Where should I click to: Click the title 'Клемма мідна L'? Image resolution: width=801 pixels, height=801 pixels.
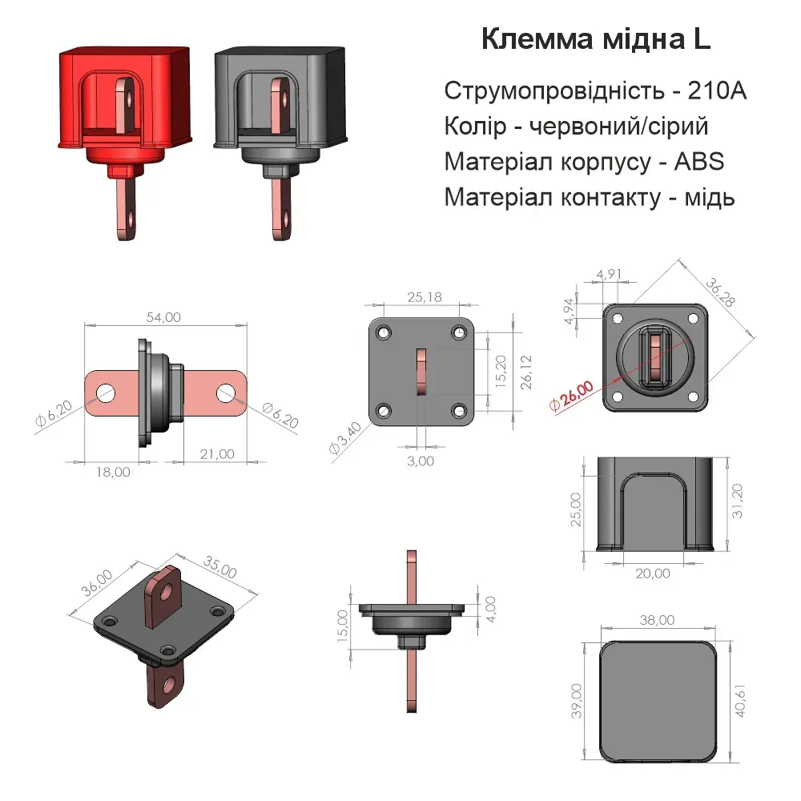(x=596, y=39)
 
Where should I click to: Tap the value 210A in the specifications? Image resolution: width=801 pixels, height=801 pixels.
(x=717, y=91)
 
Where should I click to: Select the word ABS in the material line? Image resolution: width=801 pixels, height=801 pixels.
(x=698, y=162)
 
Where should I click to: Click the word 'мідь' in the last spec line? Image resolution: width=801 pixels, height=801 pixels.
(x=709, y=197)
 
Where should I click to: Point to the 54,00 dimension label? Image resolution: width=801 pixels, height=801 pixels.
(x=163, y=317)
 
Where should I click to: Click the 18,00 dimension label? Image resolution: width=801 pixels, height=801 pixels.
(x=113, y=472)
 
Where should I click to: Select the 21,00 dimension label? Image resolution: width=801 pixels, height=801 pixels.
(x=217, y=454)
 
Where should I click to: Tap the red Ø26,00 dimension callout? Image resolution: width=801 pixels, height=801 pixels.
(x=572, y=396)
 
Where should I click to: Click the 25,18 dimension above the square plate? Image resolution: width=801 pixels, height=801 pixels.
(x=425, y=297)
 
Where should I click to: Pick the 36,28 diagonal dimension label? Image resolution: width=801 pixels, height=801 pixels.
(x=720, y=292)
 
